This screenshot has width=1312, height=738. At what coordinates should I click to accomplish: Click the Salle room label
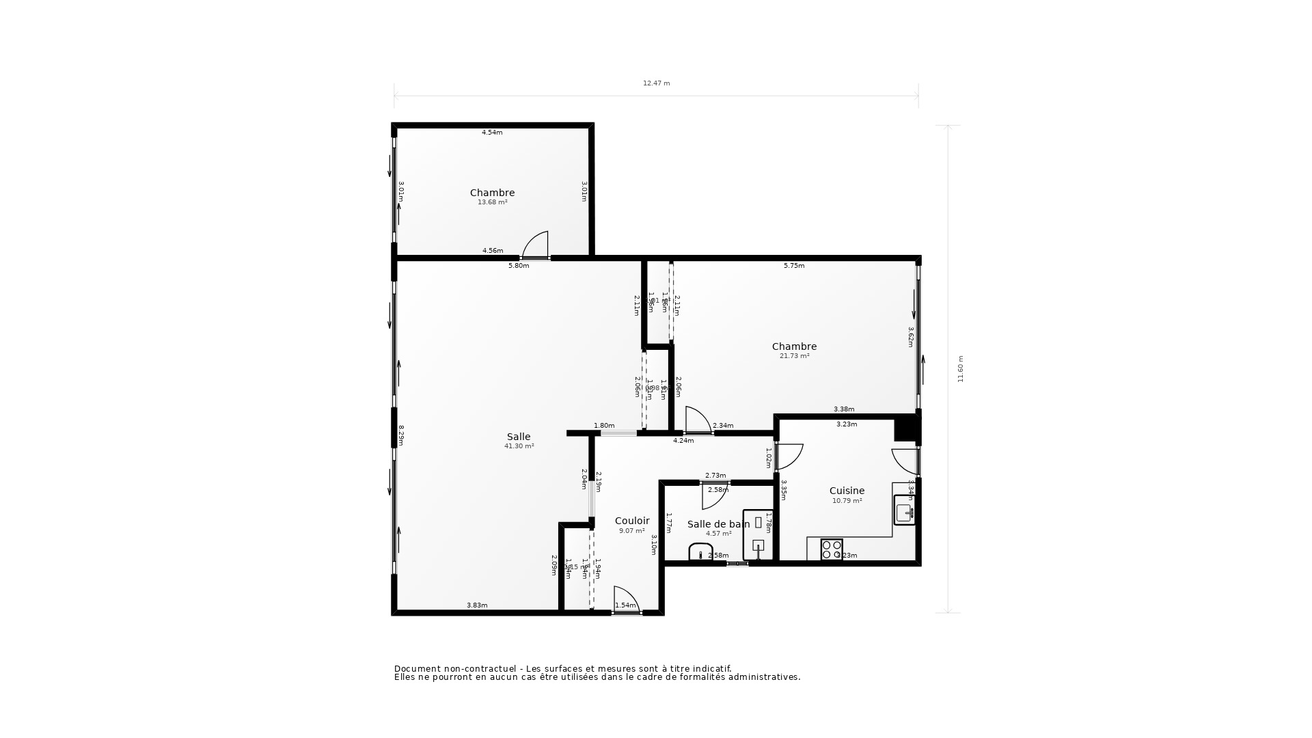(x=519, y=437)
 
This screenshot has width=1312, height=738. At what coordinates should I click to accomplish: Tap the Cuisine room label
(x=847, y=491)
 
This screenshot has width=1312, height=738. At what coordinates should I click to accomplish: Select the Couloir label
(x=632, y=521)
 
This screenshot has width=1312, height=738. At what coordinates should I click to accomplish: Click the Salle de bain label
(x=718, y=524)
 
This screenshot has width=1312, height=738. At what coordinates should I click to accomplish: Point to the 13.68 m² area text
(x=492, y=202)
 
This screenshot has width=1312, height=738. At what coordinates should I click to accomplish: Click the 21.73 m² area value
(x=794, y=356)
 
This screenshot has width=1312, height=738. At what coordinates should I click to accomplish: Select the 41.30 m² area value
(x=519, y=446)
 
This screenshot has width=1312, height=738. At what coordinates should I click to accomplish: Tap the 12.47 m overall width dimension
(x=656, y=83)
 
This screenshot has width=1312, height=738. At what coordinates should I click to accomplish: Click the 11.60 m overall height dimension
(x=960, y=369)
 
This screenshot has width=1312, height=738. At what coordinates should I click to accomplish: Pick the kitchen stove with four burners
(x=832, y=549)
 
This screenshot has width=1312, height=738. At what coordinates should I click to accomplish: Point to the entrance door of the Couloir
(x=626, y=600)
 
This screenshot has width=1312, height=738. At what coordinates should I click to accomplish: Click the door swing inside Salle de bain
(x=713, y=496)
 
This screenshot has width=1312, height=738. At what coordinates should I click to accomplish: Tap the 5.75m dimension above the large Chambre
(x=793, y=266)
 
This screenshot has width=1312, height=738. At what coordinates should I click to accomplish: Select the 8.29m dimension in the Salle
(x=401, y=435)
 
